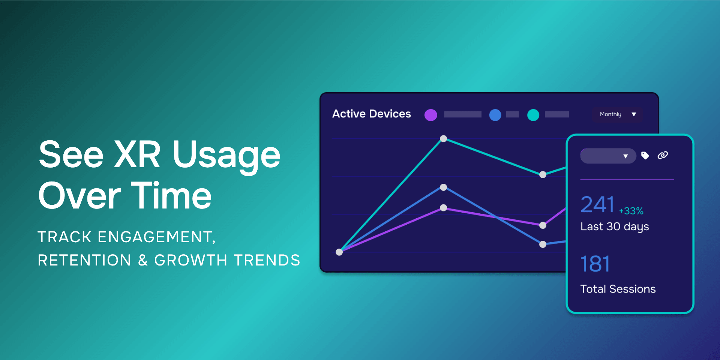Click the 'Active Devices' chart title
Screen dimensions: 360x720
371,114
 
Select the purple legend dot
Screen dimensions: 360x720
430,115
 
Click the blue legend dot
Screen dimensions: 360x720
495,115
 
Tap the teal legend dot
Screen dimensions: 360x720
533,115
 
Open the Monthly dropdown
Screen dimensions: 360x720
617,114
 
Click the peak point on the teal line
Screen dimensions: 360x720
443,139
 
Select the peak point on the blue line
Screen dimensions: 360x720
443,187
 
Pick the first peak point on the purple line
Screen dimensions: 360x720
443,208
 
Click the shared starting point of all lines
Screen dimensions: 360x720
339,252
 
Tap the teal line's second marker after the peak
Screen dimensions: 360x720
543,175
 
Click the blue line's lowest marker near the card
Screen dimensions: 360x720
543,244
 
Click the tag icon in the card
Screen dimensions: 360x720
645,155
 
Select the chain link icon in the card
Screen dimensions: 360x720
663,155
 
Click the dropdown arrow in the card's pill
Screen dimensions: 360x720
625,156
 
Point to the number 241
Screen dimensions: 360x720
597,205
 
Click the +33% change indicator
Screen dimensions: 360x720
631,211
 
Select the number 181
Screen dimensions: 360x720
595,264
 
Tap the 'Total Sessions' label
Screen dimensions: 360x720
618,289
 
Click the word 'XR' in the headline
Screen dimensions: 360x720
137,154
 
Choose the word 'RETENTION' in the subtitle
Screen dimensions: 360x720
84,260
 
